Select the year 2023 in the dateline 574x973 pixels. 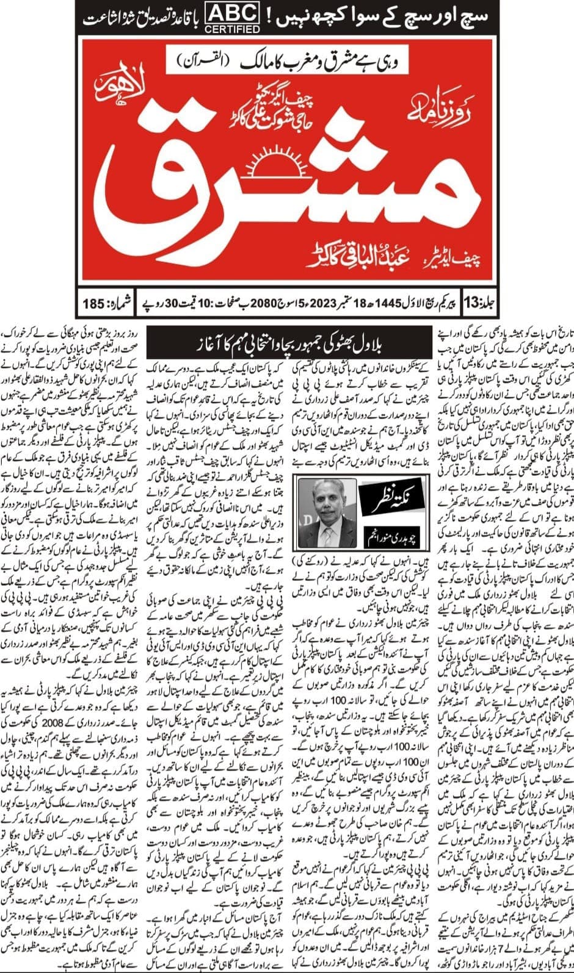coord(322,303)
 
